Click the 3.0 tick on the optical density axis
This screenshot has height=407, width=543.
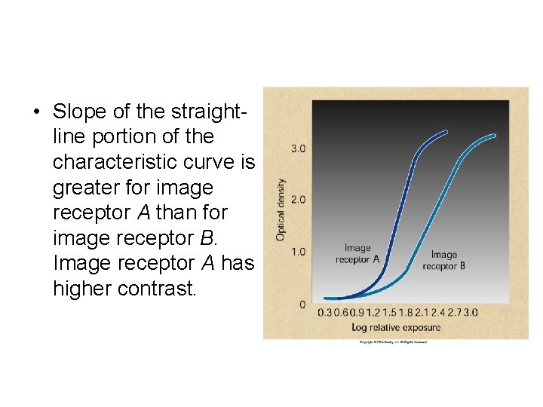pyautogui.click(x=298, y=148)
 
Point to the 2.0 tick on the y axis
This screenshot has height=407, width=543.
pyautogui.click(x=298, y=200)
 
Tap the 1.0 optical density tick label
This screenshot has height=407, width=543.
pyautogui.click(x=298, y=252)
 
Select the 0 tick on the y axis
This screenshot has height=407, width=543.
pyautogui.click(x=302, y=304)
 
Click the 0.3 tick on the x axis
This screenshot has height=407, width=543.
pyautogui.click(x=324, y=312)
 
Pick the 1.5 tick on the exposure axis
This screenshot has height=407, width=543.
pyautogui.click(x=390, y=312)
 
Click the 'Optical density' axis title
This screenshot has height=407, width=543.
pyautogui.click(x=281, y=209)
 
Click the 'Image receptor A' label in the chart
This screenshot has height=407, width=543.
pyautogui.click(x=357, y=253)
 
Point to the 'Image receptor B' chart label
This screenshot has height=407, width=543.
pyautogui.click(x=443, y=260)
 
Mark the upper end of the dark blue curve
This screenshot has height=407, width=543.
pyautogui.click(x=447, y=131)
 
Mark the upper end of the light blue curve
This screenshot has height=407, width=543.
pyautogui.click(x=495, y=136)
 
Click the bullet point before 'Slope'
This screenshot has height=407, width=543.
pyautogui.click(x=35, y=112)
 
